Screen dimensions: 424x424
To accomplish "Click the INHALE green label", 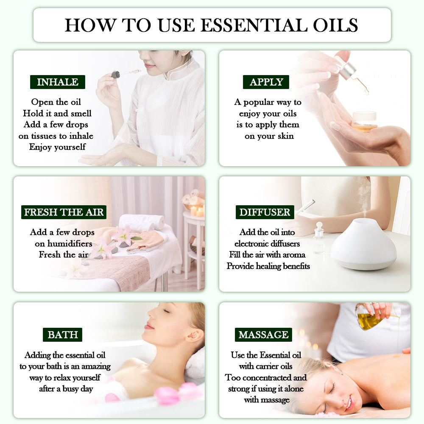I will click(x=58, y=82).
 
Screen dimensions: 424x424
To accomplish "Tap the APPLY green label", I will click(x=266, y=82).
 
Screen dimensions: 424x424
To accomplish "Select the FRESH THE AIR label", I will click(x=64, y=212).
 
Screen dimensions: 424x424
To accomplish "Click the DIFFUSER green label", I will click(x=265, y=212).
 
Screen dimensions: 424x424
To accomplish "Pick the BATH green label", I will click(x=62, y=335).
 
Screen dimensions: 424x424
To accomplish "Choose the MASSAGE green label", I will click(x=263, y=335).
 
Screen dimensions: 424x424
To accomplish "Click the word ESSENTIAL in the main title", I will click(x=254, y=25).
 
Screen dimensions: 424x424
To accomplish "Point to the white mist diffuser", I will click(x=363, y=245).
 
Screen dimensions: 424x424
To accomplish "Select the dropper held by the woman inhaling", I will click(x=121, y=73).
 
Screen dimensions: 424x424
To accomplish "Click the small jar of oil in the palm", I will click(x=364, y=121).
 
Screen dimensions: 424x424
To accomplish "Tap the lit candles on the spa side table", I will click(x=197, y=211).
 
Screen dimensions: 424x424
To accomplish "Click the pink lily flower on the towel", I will click(x=123, y=236).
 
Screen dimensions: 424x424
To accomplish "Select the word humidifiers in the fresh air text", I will click(x=63, y=243).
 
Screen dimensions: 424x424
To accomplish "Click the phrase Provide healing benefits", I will click(x=268, y=266).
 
